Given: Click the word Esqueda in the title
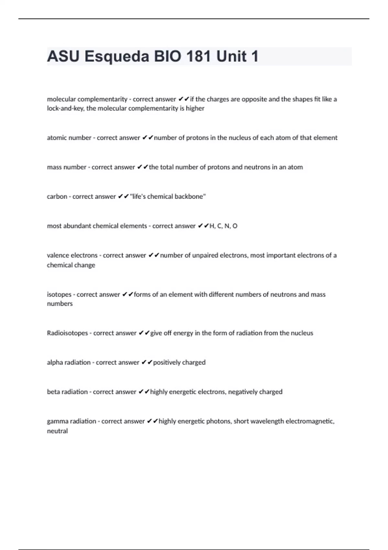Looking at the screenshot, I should pos(117,57).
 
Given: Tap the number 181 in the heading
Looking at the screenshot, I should pos(199,57).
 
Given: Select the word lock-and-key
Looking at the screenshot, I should pos(66,108).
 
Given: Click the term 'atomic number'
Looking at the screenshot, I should pos(69,138).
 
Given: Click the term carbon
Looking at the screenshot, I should pos(57,197).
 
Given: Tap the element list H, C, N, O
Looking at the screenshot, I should pos(223,226).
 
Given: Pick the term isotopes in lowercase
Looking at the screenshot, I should pos(59,294).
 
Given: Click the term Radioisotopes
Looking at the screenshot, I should pos(67,333).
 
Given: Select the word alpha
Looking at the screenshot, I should pos(55,363).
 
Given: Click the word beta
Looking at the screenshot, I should pos(54,392).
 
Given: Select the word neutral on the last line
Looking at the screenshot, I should pos(57,431).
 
